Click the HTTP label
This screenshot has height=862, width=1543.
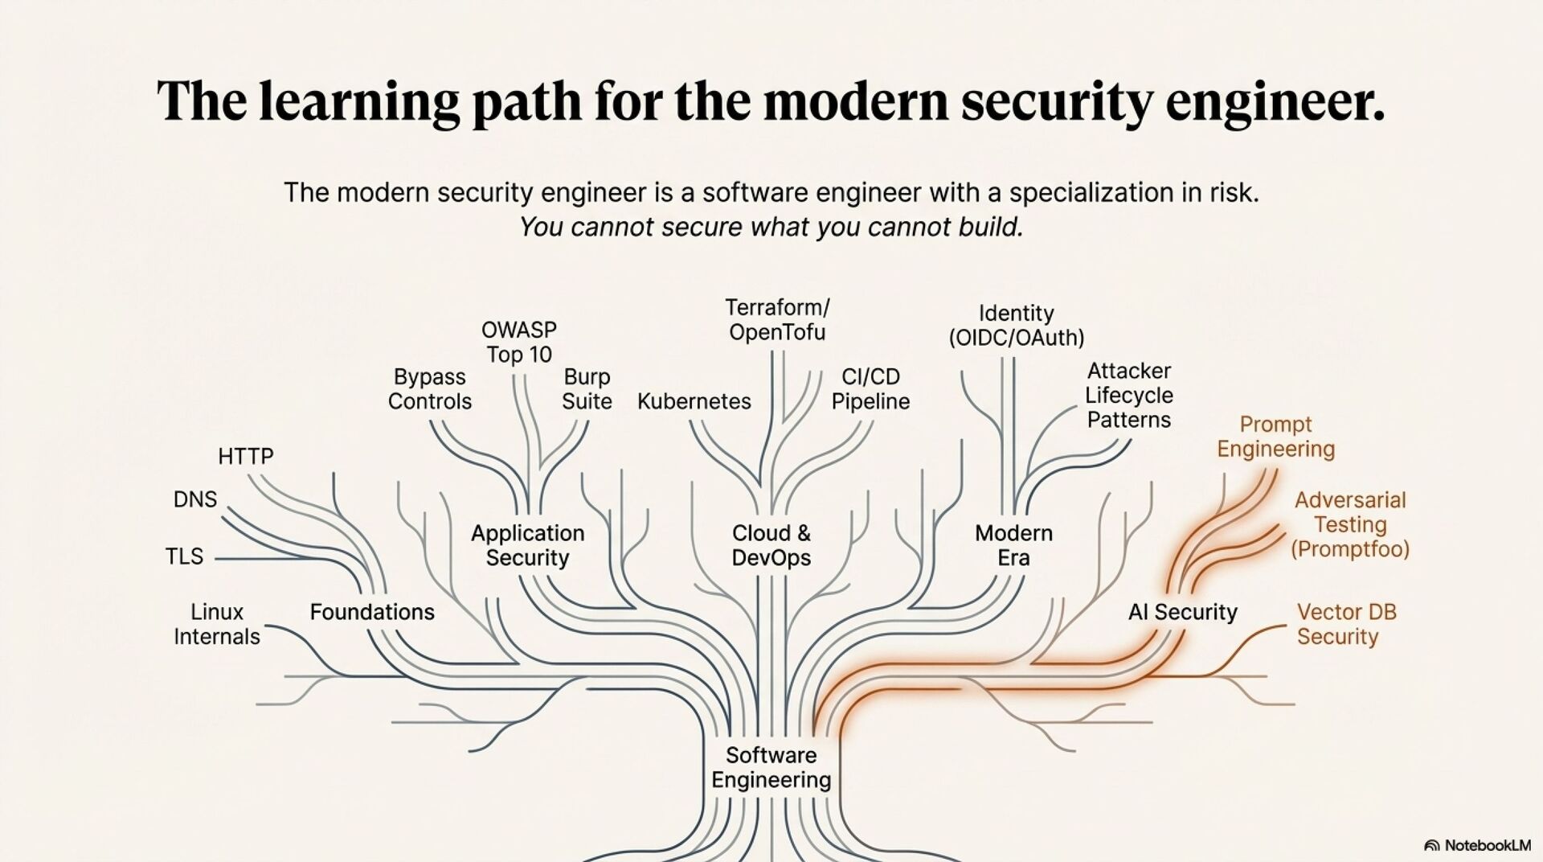tap(245, 457)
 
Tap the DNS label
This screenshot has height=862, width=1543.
tap(195, 499)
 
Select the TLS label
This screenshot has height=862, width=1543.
tap(184, 556)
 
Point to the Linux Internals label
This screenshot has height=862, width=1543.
tap(217, 624)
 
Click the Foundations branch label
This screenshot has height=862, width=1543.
tap(372, 612)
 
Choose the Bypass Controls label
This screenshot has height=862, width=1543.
tap(430, 389)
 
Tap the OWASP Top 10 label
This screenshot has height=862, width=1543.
tap(519, 342)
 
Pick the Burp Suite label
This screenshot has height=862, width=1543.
tap(587, 389)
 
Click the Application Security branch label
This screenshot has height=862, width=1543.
tap(527, 545)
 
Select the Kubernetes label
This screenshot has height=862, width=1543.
tap(694, 401)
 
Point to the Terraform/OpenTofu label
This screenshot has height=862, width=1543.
tap(777, 320)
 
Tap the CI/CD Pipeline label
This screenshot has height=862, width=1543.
tap(870, 389)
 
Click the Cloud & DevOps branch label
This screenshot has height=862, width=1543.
tap(771, 545)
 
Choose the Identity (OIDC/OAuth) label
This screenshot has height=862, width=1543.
tap(1016, 326)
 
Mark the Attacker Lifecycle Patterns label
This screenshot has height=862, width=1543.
tap(1129, 395)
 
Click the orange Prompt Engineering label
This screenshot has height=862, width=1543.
tap(1275, 437)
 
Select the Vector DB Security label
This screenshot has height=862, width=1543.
tap(1346, 624)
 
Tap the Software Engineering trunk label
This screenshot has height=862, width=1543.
tap(771, 767)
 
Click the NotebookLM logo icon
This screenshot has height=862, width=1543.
tap(1432, 845)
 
